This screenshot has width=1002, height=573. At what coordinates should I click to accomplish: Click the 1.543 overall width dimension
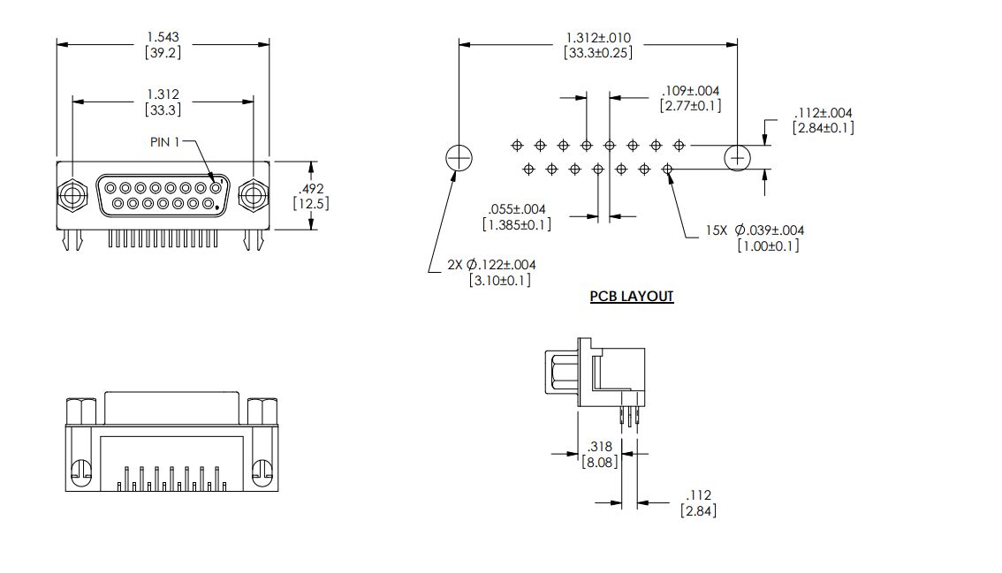point(163,37)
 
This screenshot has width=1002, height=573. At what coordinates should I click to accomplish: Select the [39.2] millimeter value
point(163,52)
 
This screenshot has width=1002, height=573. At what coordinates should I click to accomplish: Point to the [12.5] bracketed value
point(310,203)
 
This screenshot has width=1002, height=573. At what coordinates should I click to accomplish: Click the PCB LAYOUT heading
point(632,297)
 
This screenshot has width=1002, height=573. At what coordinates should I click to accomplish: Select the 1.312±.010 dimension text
point(598,38)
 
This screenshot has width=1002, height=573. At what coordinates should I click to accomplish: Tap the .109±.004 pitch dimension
point(690,91)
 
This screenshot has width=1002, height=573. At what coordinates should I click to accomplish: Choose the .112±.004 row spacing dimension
point(823,113)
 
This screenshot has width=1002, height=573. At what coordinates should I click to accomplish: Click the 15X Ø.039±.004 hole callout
point(755,230)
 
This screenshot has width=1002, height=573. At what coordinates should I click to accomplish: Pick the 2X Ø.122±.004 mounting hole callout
point(491,265)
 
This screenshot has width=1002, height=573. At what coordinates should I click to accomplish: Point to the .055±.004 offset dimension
point(517,209)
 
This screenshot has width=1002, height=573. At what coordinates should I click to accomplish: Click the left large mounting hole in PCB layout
point(459,158)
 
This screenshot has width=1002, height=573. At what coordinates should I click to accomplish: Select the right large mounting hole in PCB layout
point(738,158)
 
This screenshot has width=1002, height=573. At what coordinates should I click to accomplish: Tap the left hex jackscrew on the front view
point(72,195)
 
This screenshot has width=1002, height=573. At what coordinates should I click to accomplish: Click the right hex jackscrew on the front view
point(253,195)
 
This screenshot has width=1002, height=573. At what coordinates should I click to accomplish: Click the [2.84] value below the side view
point(698,510)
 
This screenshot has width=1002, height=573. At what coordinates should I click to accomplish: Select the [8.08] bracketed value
point(600,461)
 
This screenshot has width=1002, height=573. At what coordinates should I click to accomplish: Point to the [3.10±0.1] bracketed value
point(499,281)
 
